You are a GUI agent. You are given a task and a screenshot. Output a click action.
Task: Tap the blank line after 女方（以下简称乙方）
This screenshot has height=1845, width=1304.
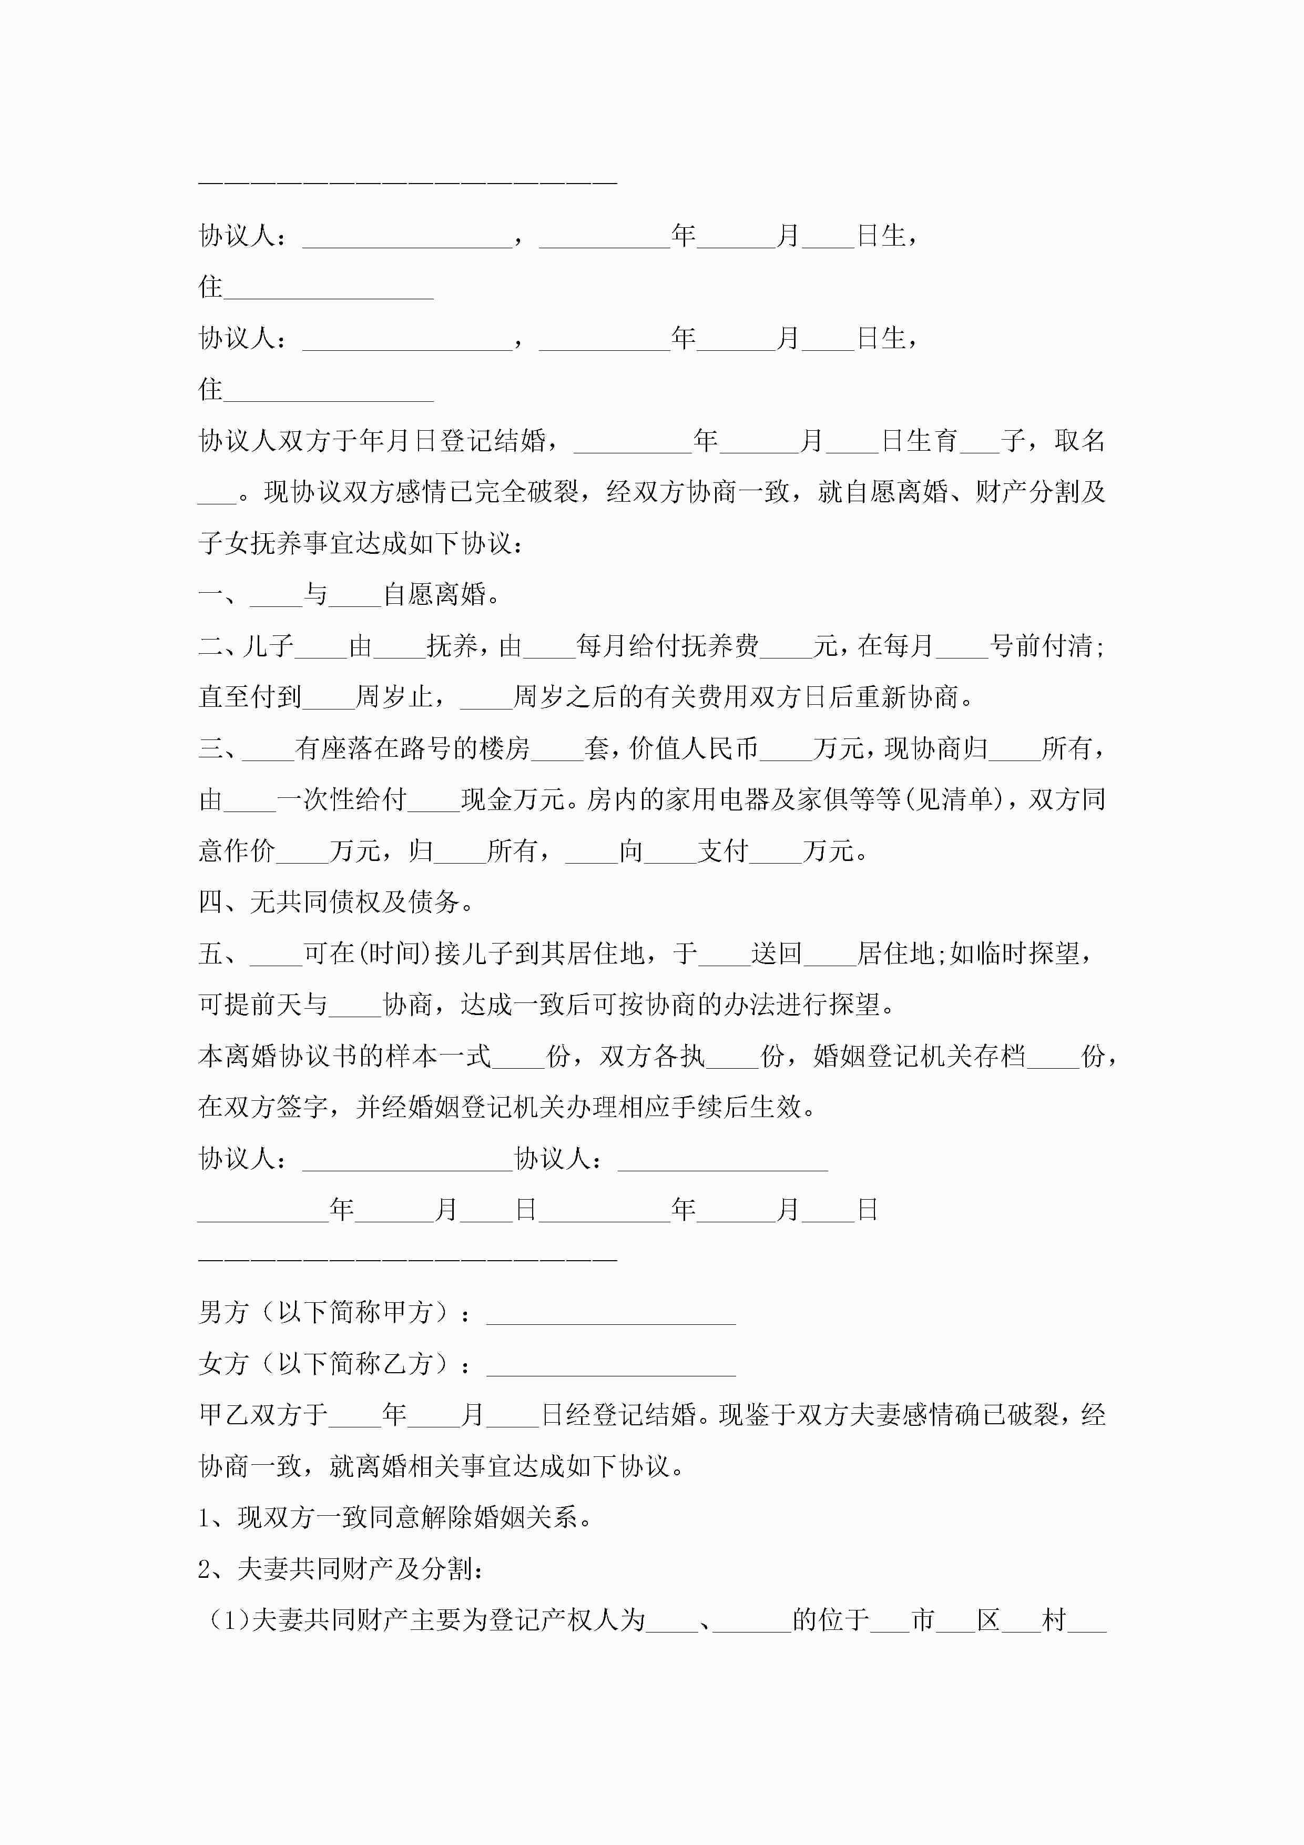coord(610,1364)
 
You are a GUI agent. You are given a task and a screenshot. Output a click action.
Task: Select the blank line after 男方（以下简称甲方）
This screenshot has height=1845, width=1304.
coord(610,1312)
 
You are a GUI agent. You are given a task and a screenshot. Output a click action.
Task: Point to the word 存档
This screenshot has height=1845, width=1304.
coord(1000,1056)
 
